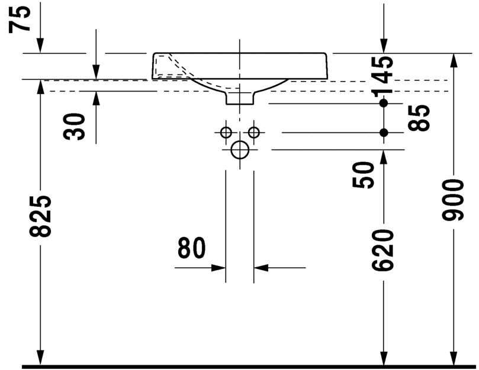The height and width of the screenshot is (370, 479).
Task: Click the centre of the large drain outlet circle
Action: point(240,150)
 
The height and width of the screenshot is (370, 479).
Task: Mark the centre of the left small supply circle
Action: point(226,132)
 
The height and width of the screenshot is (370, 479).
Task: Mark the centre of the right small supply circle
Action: point(254,132)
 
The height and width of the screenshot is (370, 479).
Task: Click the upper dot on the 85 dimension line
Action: point(384,103)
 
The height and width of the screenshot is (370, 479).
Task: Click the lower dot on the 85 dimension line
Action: point(384,132)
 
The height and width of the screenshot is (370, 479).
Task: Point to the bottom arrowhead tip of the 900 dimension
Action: point(454,365)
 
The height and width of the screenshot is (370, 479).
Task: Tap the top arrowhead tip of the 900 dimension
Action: point(454,54)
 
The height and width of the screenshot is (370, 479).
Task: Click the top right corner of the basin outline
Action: point(326,53)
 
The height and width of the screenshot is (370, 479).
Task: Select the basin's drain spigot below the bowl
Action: point(240,98)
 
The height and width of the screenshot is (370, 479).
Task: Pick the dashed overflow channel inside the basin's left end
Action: point(171,67)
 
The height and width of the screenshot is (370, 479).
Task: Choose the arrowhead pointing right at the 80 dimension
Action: point(218,268)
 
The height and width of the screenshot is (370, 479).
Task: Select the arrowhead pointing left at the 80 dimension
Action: point(261,268)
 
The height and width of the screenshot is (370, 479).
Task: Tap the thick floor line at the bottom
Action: point(249,366)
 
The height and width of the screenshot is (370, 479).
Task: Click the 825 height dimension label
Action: point(40,216)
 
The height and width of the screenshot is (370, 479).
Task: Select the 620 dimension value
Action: point(382,251)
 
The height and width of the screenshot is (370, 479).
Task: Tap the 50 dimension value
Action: point(363,175)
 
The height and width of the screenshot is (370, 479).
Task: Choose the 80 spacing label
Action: point(191,248)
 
